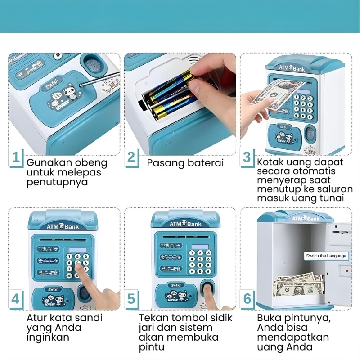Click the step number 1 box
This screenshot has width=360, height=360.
[x=16, y=157]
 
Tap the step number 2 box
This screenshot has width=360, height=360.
[x=131, y=157]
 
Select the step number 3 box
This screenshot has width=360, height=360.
[x=247, y=157]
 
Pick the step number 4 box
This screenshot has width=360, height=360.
[x=16, y=299]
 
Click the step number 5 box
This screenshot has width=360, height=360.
[x=131, y=299]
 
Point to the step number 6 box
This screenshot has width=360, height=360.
[x=247, y=299]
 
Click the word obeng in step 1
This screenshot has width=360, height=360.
[x=91, y=163]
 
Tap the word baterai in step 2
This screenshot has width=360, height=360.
[x=206, y=163]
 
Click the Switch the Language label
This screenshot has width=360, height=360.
[x=326, y=256]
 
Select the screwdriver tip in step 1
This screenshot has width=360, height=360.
[x=81, y=85]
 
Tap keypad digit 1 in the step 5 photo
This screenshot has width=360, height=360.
[x=192, y=253]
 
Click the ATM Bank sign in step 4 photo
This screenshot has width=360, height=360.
[x=63, y=226]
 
